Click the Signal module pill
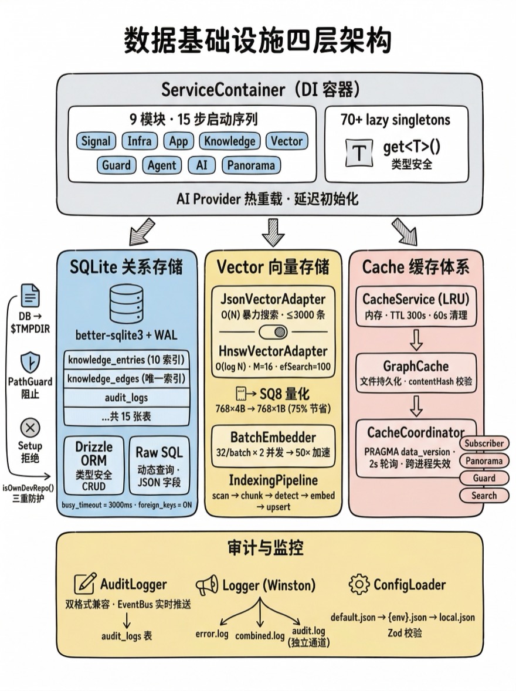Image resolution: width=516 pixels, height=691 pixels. click(x=96, y=141)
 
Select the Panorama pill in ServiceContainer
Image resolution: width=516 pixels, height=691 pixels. click(x=252, y=165)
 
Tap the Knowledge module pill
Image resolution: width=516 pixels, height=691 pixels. click(x=229, y=141)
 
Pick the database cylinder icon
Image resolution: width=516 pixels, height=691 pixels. click(x=126, y=305)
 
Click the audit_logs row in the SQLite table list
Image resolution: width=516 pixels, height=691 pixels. click(x=126, y=398)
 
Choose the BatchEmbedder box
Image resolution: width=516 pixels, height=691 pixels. click(x=273, y=444)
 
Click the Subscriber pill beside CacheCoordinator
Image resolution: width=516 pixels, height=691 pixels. click(x=484, y=443)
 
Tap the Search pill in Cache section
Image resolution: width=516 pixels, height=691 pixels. click(x=484, y=496)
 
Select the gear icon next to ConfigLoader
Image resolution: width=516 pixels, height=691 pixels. click(x=359, y=584)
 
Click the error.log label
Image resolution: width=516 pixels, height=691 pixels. click(x=212, y=635)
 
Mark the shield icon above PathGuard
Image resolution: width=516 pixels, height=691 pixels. click(x=30, y=361)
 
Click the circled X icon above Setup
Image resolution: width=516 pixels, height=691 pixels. click(x=30, y=426)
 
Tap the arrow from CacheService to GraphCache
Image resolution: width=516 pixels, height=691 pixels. click(x=416, y=339)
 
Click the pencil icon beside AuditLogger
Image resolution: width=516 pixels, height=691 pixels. click(x=86, y=584)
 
